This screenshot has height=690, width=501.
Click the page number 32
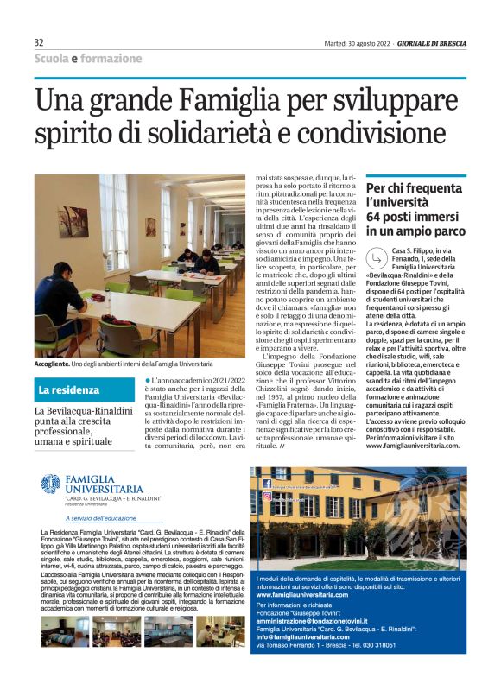40,42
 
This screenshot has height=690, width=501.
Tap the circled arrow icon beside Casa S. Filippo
376,258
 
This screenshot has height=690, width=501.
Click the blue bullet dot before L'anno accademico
149,381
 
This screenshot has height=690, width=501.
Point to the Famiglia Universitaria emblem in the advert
51,484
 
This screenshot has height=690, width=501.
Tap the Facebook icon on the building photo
266,484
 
